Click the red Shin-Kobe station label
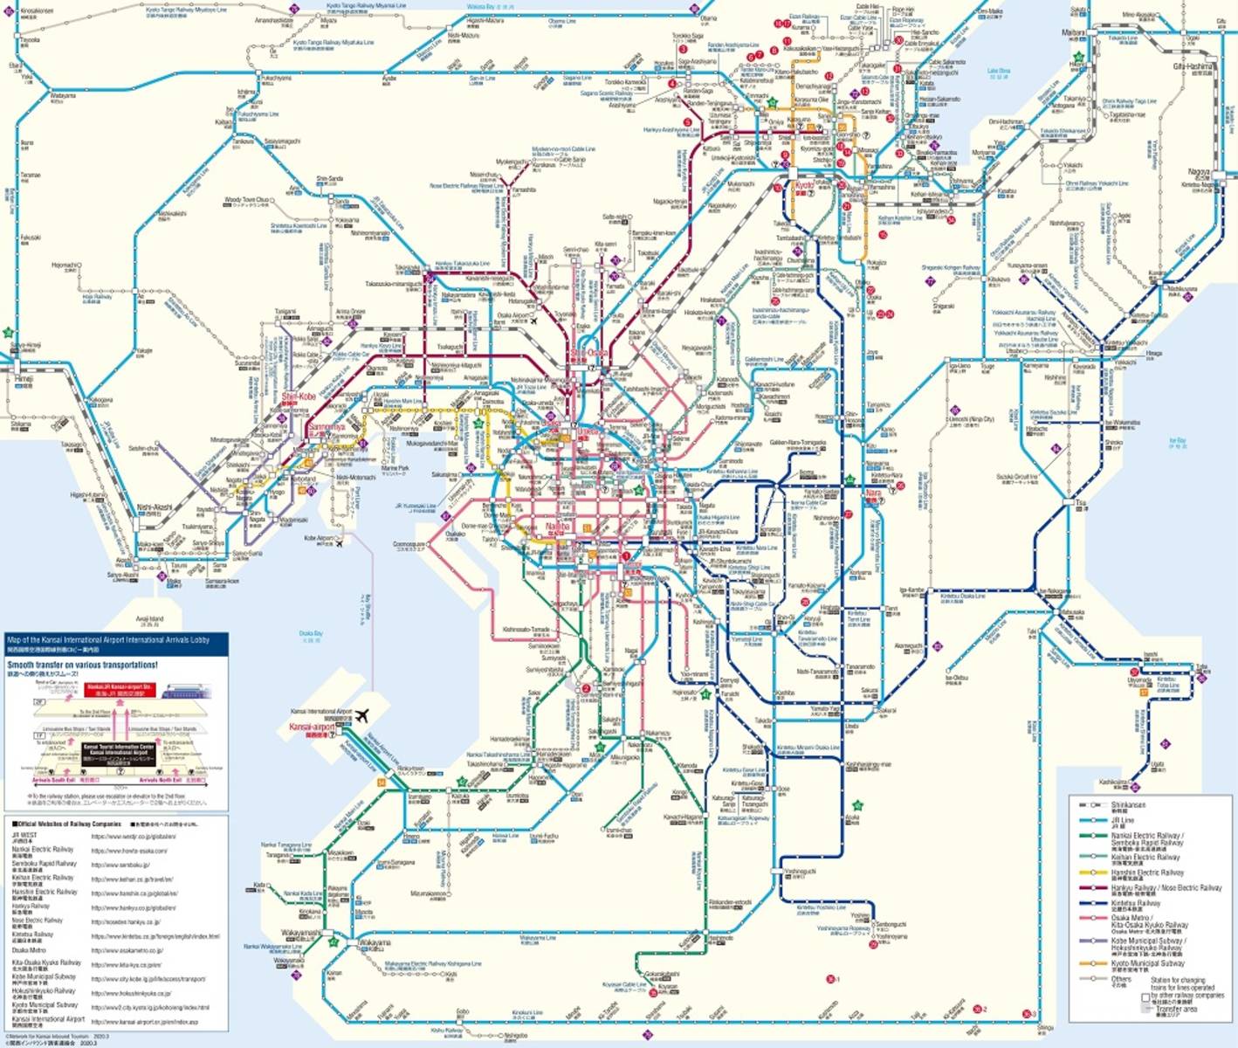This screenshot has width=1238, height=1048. tap(299, 396)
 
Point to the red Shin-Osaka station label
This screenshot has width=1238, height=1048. tap(589, 352)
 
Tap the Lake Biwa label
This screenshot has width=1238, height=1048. tap(998, 71)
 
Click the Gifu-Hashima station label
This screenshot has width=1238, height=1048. tap(1193, 66)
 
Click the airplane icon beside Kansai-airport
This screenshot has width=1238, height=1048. tap(361, 715)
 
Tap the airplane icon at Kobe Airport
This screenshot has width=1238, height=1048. tap(339, 542)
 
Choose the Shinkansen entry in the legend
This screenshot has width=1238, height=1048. tap(1128, 804)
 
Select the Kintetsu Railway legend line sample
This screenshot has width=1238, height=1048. tap(1091, 904)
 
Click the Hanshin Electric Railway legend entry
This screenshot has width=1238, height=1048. tap(1147, 872)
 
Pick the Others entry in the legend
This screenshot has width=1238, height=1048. tap(1121, 978)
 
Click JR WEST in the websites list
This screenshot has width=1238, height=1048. tap(24, 835)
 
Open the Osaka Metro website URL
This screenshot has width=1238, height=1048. tap(127, 950)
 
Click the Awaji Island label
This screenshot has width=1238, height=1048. tap(150, 619)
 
